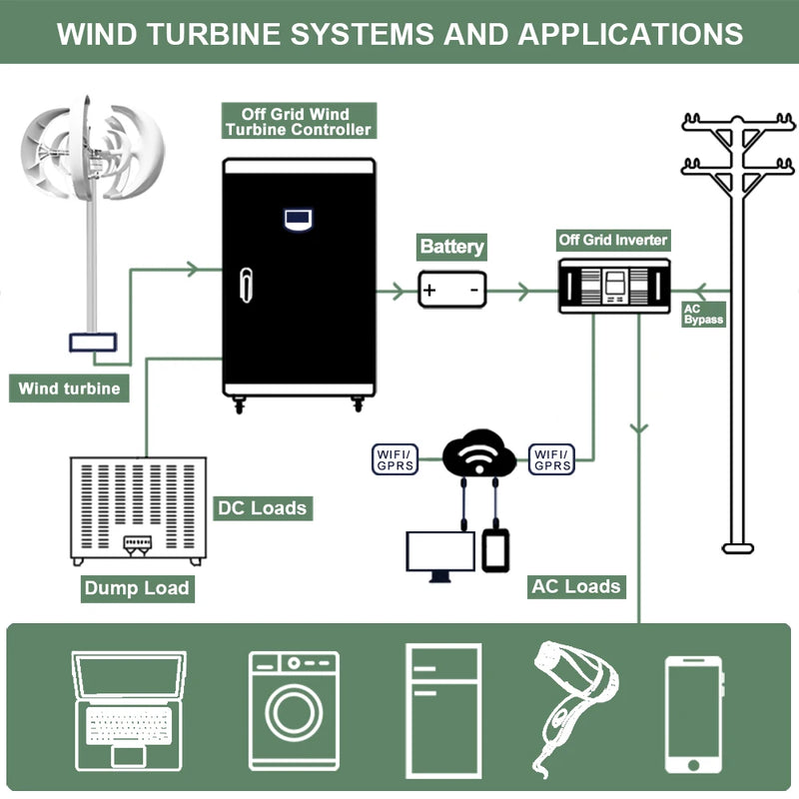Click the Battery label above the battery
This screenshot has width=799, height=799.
click(451, 247)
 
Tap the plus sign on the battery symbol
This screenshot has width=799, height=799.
click(429, 291)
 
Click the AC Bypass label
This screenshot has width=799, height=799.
click(703, 314)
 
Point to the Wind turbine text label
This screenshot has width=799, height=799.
click(69, 389)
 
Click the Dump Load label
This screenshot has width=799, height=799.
click(137, 587)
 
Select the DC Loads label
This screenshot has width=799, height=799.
click(262, 507)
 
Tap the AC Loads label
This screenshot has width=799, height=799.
click(576, 585)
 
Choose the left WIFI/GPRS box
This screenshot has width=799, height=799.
click(395, 459)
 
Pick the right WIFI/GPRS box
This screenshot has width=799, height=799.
click(552, 459)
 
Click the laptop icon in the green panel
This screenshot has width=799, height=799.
click(128, 710)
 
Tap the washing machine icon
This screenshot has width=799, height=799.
click(294, 710)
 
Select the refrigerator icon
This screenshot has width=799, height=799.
click(443, 710)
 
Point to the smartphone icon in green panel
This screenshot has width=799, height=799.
click(694, 714)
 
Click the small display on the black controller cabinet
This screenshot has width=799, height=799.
click(298, 217)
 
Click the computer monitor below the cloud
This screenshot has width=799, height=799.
click(439, 554)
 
